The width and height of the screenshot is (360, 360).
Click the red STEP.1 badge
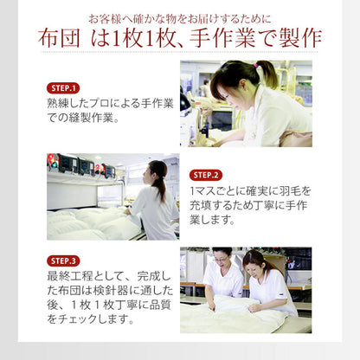click(x=63, y=88)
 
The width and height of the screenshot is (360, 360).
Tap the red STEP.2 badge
click(x=206, y=175)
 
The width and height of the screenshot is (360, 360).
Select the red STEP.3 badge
click(x=63, y=260)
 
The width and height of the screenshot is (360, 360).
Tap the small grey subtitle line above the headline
click(x=180, y=17)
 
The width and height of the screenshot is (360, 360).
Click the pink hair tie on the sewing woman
click(x=257, y=66)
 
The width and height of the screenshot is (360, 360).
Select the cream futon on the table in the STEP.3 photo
click(x=234, y=316)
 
